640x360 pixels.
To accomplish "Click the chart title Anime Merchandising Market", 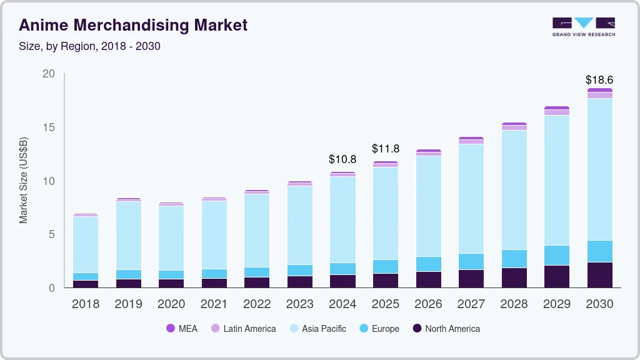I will pyautogui.click(x=133, y=25).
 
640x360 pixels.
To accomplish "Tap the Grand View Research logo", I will pyautogui.click(x=583, y=27).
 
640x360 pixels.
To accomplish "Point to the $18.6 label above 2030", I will pyautogui.click(x=599, y=80).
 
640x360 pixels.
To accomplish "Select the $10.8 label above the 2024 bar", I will pyautogui.click(x=342, y=159).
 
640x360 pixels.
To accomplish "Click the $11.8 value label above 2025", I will pyautogui.click(x=385, y=149).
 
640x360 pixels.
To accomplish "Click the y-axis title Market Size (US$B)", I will pyautogui.click(x=24, y=179).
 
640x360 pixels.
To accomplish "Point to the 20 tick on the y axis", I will pyautogui.click(x=48, y=74).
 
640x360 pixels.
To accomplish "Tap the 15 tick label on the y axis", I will pyautogui.click(x=48, y=127).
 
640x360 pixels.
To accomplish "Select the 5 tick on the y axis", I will pyautogui.click(x=51, y=234).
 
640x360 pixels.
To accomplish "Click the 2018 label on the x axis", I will pyautogui.click(x=86, y=304).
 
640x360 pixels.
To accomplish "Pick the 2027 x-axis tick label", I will pyautogui.click(x=471, y=304).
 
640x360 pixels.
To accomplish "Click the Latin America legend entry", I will pyautogui.click(x=243, y=328).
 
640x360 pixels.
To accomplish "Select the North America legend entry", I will pyautogui.click(x=446, y=328).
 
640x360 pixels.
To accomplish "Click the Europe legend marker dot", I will pyautogui.click(x=364, y=328).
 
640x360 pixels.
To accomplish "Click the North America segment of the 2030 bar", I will pyautogui.click(x=599, y=275).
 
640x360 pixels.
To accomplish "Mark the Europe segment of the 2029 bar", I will pyautogui.click(x=556, y=255).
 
